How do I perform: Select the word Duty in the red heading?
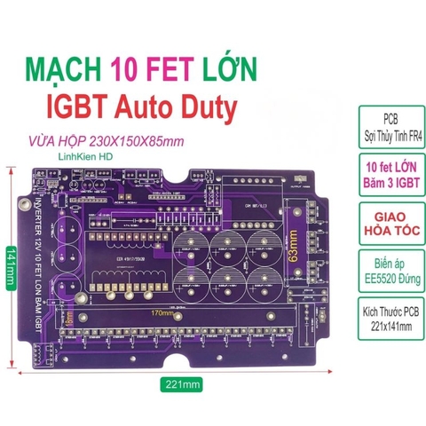208,107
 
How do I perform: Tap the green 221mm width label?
183,385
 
